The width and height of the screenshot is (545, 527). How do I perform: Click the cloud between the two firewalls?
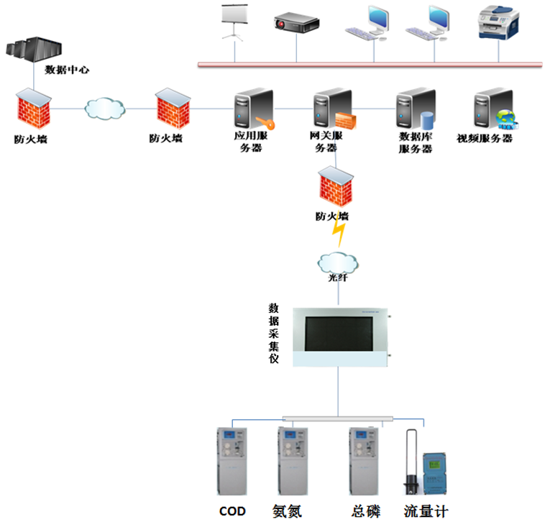(x=104, y=109)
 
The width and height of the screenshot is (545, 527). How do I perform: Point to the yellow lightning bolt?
(x=339, y=232)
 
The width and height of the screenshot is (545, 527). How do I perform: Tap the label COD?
(x=232, y=512)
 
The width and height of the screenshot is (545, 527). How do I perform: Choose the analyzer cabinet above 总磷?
(x=364, y=461)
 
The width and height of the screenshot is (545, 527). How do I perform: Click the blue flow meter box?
(x=436, y=470)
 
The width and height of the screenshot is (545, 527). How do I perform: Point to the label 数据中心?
(x=66, y=70)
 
